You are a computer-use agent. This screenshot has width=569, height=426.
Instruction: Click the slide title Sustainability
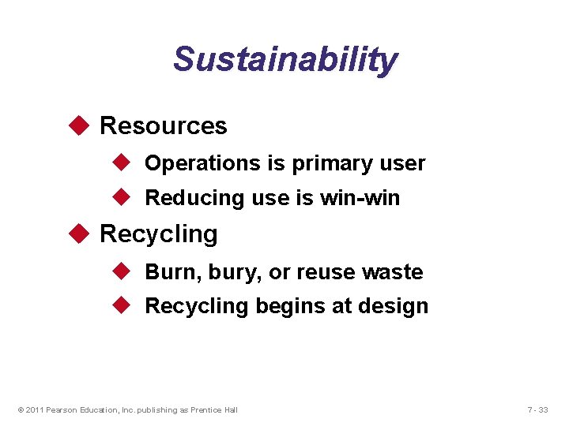(285, 59)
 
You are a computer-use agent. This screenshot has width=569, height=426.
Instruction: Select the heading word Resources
(164, 125)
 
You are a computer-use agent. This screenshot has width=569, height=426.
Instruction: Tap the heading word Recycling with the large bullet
(159, 234)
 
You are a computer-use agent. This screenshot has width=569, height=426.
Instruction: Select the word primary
(326, 163)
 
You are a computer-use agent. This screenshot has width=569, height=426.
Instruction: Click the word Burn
(168, 272)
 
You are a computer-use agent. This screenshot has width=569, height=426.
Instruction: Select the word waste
(392, 272)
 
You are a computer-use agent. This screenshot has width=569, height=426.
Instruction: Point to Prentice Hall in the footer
(213, 409)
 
